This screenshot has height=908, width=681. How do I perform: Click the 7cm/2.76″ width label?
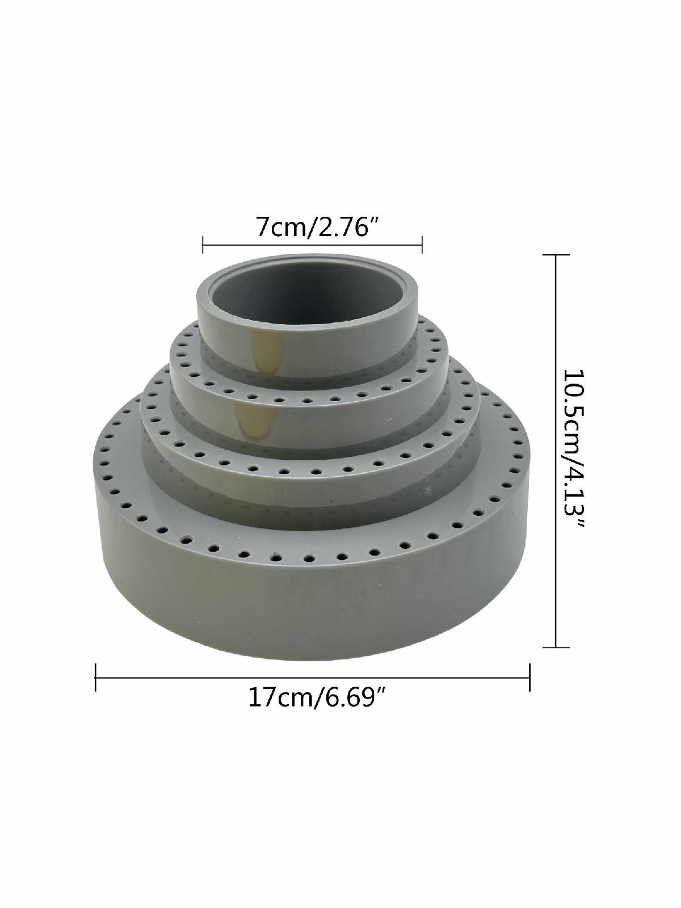(318, 226)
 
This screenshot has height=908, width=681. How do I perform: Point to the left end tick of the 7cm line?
(203, 245)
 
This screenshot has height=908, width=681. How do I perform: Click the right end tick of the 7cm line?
(422, 245)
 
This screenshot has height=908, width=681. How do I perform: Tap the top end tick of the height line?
(556, 255)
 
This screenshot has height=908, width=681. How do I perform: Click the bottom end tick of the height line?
(556, 647)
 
